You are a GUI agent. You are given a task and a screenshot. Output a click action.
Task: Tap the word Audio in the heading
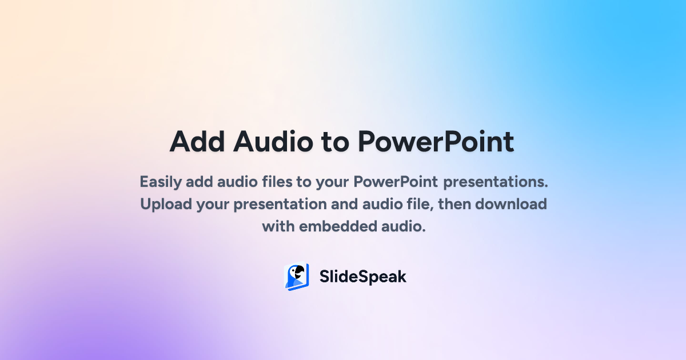tap(271, 141)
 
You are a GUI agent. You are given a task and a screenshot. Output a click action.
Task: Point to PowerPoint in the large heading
tap(436, 141)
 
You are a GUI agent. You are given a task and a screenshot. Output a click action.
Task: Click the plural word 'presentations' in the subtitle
tap(496, 183)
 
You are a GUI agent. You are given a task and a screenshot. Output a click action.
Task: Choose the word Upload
tap(165, 205)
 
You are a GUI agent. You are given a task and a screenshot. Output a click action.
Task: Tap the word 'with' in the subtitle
tap(276, 226)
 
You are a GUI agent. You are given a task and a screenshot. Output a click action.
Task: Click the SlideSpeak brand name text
tap(362, 277)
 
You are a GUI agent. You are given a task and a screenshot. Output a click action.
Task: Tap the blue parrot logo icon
tap(297, 277)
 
